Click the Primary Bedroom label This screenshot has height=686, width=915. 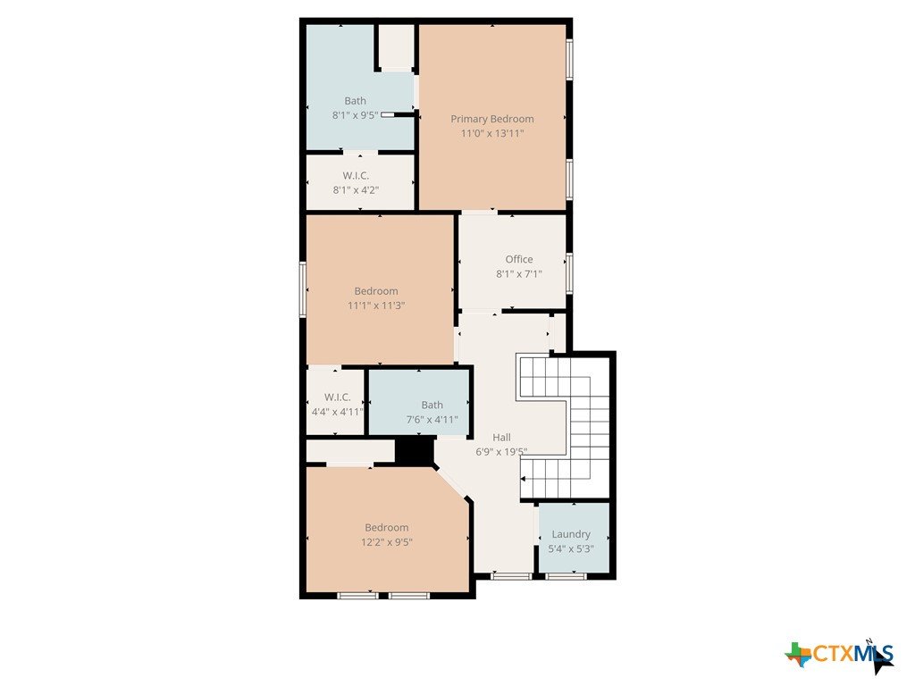492,119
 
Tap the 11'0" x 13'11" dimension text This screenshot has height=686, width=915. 492,134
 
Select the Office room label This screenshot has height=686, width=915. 519,260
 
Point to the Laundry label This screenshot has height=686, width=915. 571,534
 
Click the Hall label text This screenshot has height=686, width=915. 501,438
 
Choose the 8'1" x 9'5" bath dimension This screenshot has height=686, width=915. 356,115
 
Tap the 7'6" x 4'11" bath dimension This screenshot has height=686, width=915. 432,420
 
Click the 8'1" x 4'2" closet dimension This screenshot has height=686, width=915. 356,190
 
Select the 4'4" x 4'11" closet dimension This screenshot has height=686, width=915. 337,412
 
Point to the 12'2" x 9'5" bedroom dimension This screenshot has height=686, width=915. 386,542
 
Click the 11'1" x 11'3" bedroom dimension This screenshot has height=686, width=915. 376,305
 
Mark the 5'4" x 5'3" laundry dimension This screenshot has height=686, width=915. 571,549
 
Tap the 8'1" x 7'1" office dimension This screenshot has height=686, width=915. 519,274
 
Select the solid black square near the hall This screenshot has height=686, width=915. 415,451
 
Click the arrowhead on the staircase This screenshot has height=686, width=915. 523,479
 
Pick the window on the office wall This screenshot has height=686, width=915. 569,272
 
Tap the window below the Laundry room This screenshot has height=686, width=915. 566,576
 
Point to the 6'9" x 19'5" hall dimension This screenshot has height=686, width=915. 501,452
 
